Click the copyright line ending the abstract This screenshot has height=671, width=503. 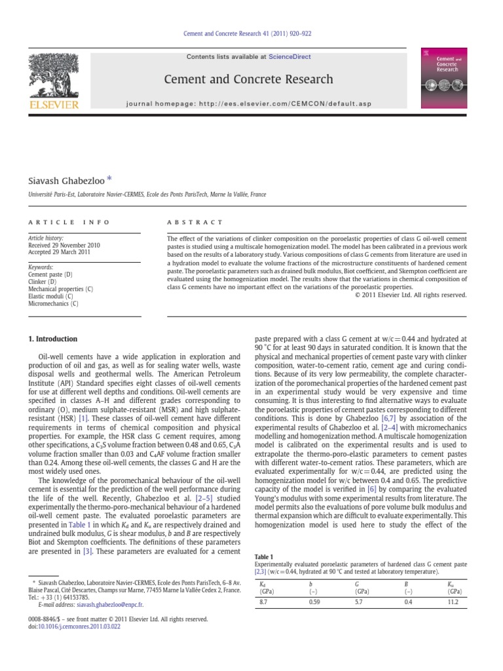(x=411, y=295)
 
